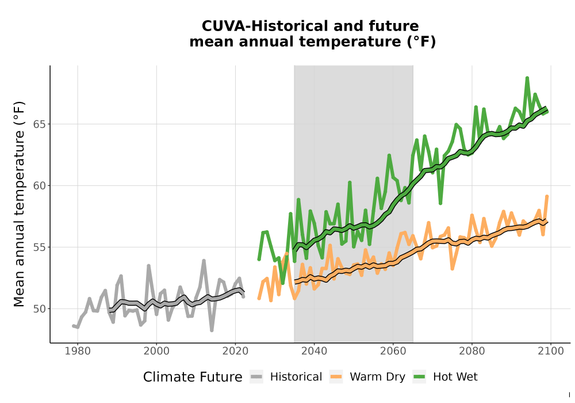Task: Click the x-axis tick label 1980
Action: [x=78, y=351]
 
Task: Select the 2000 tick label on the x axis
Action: [x=156, y=351]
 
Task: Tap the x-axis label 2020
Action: [x=235, y=351]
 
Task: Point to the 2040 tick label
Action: [x=315, y=351]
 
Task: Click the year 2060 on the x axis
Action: [x=393, y=351]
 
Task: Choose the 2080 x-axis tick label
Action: [x=472, y=351]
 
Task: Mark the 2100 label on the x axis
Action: [x=551, y=351]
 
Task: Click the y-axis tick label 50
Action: [x=40, y=309]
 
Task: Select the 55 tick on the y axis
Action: [x=40, y=248]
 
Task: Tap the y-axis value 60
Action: [x=40, y=186]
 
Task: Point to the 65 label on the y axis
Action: [x=40, y=124]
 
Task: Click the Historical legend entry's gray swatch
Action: [x=256, y=377]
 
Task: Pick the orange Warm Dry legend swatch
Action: [x=336, y=377]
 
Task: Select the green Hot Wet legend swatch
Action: [x=419, y=377]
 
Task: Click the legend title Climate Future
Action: [x=193, y=377]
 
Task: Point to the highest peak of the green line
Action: [x=527, y=78]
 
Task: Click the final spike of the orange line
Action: [x=547, y=196]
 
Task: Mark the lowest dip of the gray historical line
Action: [x=212, y=330]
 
